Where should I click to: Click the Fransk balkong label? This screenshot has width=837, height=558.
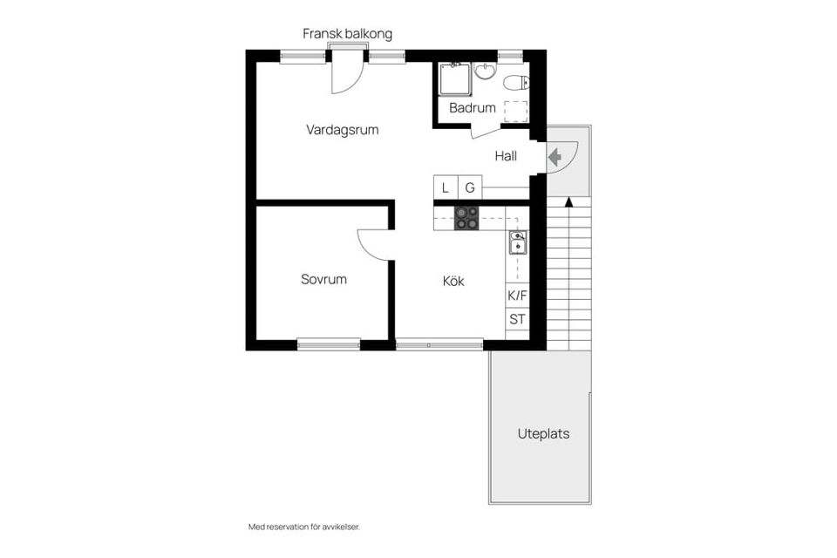coord(347,34)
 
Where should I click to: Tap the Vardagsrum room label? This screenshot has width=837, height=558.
coord(342,130)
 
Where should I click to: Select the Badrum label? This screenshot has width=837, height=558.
coord(472,109)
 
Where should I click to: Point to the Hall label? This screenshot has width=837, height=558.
coord(506,157)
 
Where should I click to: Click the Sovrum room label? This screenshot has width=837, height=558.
coord(323,280)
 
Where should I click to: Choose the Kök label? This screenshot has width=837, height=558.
coord(453,282)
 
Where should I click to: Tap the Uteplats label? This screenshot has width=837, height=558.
coord(543,433)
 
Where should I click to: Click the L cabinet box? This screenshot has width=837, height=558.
coord(446,187)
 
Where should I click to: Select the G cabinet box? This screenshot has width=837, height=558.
coord(469,187)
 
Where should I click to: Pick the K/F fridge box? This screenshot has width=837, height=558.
coord(517,296)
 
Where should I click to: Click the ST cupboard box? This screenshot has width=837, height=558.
coord(517,319)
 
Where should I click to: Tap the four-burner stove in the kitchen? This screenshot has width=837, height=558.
coord(466,218)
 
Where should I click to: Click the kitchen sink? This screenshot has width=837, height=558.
coord(517,242)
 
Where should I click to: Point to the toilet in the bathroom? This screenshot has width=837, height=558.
coord(515,83)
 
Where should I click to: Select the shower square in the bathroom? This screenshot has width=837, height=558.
coord(455,80)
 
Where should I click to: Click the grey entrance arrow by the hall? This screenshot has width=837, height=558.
coord(554,158)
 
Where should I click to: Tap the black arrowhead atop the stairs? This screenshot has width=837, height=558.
coord(568,202)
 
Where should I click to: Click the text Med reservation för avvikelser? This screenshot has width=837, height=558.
coord(303,527)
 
